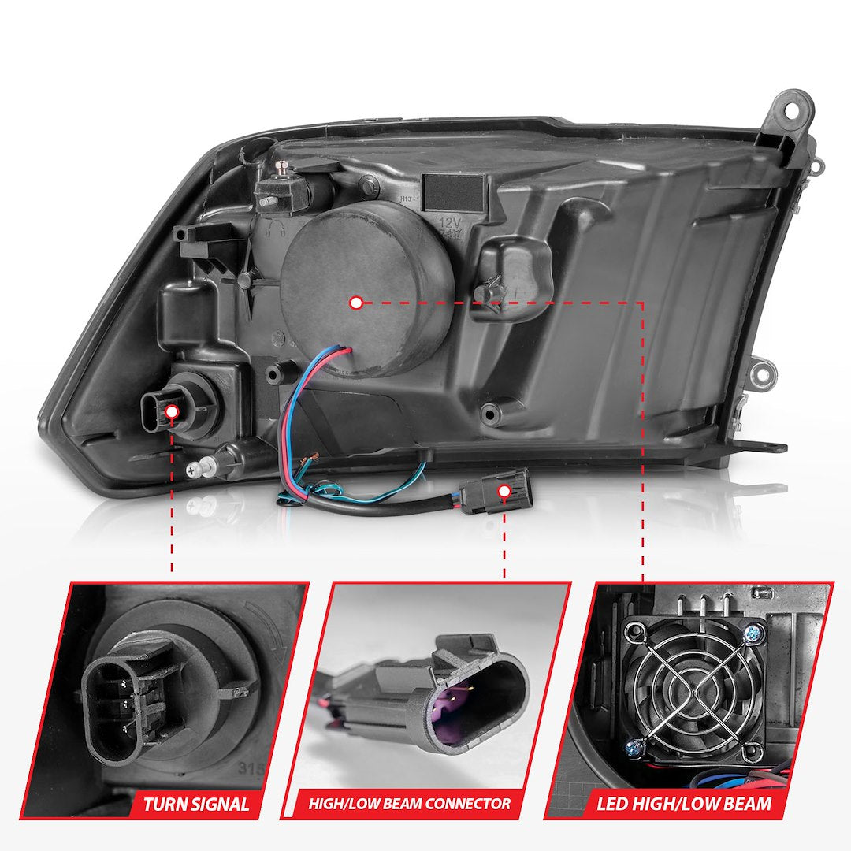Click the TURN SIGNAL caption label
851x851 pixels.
[195, 804]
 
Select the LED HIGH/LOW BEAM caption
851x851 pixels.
[684, 804]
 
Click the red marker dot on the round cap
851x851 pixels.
[356, 303]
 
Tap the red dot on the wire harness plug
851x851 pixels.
[504, 491]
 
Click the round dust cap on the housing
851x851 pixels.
[366, 287]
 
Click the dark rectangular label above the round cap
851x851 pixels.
[454, 191]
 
